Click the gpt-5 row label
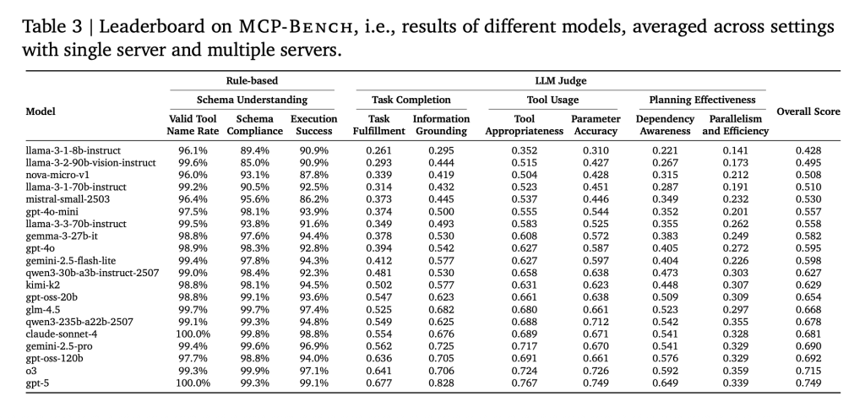click(38, 383)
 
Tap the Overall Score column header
click(808, 111)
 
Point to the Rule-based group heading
click(252, 80)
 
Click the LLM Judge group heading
click(561, 80)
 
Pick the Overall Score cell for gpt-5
click(808, 383)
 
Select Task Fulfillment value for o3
click(379, 371)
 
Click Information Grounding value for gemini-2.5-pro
click(441, 346)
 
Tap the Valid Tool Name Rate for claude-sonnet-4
click(193, 334)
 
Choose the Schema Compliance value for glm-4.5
click(255, 310)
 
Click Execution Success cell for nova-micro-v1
click(314, 176)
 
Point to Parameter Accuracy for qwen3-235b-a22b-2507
click(596, 322)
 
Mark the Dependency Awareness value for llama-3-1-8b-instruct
click(666, 150)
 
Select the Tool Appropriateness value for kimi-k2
click(524, 285)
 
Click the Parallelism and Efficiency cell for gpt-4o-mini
click(736, 212)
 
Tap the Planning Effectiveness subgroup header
click(702, 100)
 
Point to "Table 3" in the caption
click(52, 26)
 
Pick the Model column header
click(41, 111)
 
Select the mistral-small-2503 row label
click(68, 199)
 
